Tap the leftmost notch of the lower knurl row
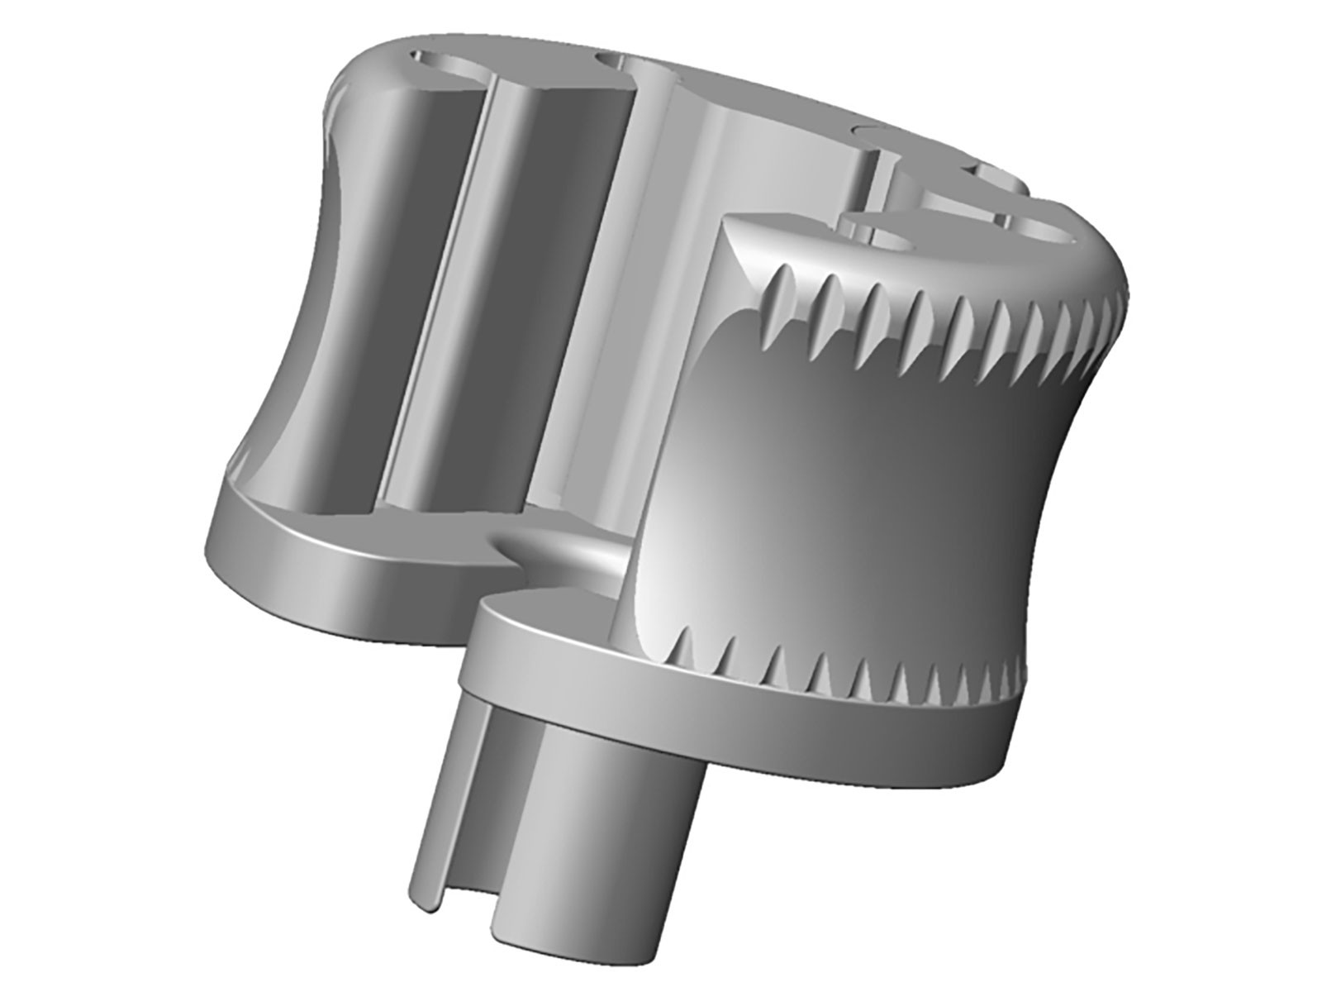[x=682, y=653]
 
